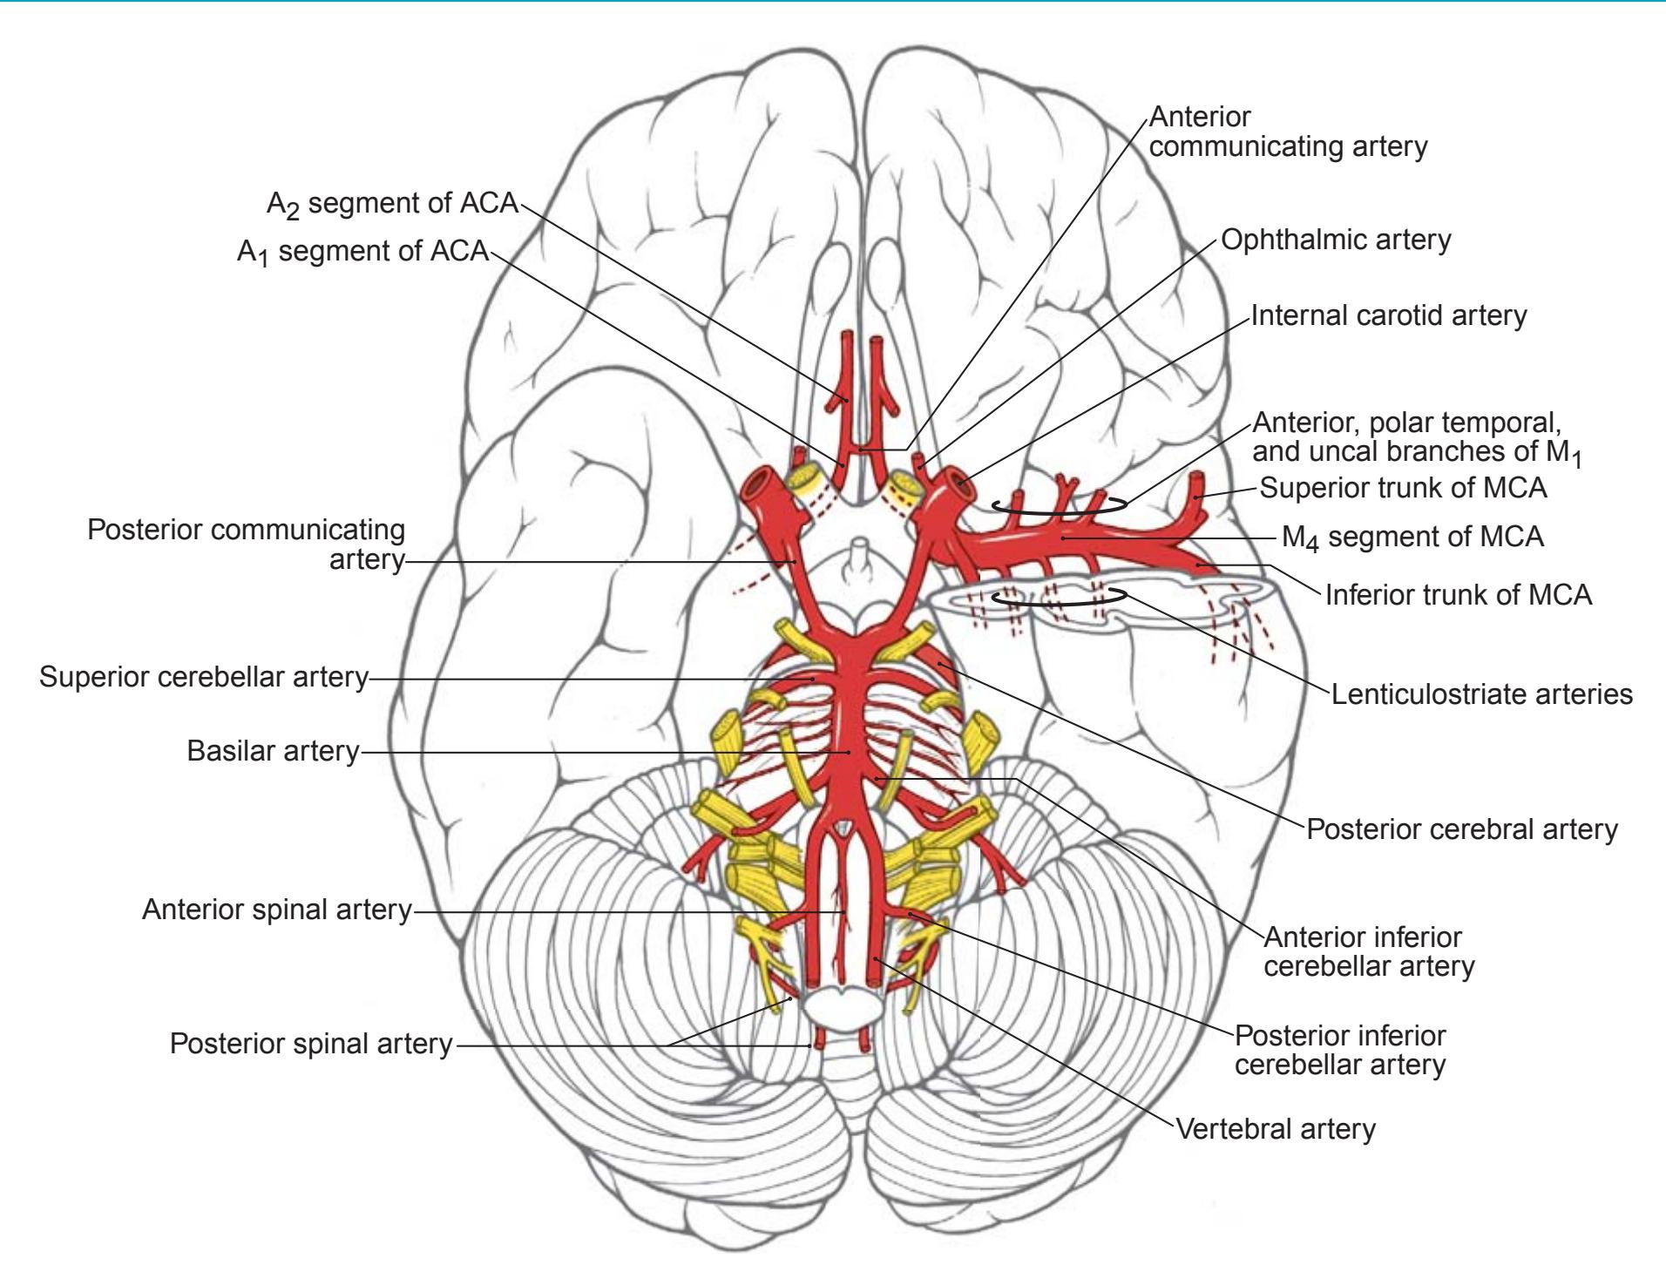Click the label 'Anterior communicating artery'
point(1288,132)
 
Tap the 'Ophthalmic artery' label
point(1336,240)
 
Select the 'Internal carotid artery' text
point(1389,315)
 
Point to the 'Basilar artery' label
point(273,751)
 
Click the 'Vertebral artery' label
point(1276,1129)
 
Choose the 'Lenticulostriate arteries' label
point(1481,694)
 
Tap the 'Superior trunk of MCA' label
point(1403,488)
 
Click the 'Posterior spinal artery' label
point(311,1044)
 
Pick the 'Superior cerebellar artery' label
point(204,677)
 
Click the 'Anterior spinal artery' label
point(276,910)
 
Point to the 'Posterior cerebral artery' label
point(1461,829)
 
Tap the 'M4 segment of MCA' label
point(1412,537)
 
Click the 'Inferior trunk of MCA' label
point(1458,595)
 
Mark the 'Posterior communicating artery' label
point(247,545)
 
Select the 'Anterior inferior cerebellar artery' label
point(1368,951)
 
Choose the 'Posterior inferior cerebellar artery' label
point(1340,1050)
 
